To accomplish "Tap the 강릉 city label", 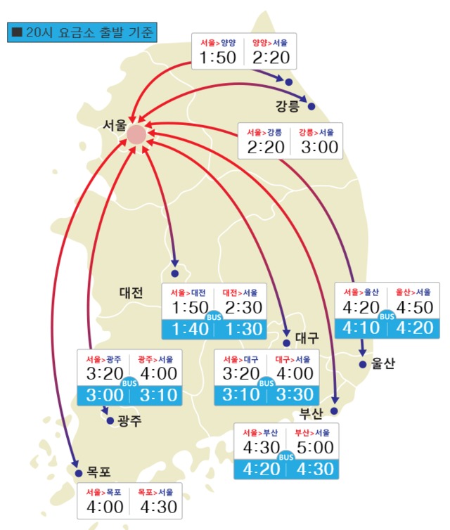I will tap(288, 107).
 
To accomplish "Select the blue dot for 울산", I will tap(363, 364).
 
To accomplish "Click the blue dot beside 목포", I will tap(78, 474).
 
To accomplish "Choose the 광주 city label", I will tap(129, 421).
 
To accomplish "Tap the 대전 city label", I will tap(131, 292).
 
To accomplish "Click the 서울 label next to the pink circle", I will tap(114, 125).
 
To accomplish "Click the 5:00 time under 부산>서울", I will tap(312, 448).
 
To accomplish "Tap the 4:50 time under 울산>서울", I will tap(413, 307).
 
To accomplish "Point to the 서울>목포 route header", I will tap(104, 492).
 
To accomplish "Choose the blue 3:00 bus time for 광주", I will tap(104, 394).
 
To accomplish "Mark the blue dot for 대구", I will tap(287, 343).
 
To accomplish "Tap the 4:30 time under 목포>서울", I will tap(157, 506).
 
